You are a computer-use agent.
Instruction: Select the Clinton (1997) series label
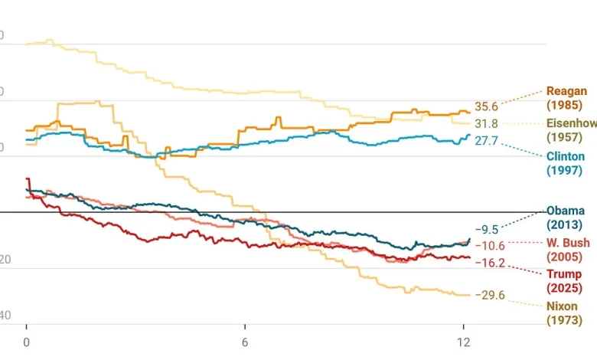[x=566, y=162]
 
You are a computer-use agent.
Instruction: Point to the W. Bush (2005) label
[x=567, y=249]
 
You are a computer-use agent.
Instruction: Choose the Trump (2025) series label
[x=563, y=281]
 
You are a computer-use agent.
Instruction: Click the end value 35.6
[x=486, y=106]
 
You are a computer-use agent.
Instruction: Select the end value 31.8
[x=486, y=123]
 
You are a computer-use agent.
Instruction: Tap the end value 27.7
[x=486, y=141]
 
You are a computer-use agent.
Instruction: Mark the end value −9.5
[x=486, y=229]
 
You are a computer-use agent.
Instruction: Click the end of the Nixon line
[x=469, y=295]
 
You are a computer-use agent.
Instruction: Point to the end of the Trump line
[x=470, y=257]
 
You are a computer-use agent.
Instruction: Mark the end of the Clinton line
[x=469, y=136]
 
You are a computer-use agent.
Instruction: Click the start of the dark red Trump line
[x=27, y=178]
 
